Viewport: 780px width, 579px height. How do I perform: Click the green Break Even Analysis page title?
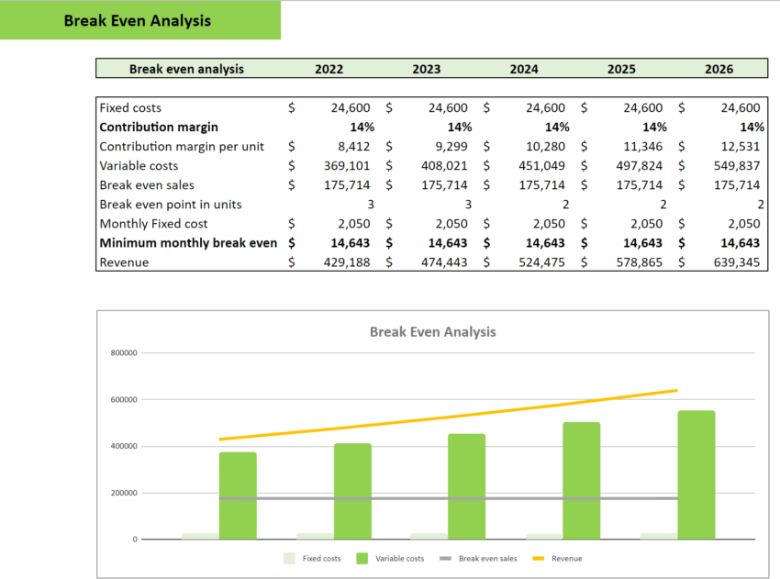137,20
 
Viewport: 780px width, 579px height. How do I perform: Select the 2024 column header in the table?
524,69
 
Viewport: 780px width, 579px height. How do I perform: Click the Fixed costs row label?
130,107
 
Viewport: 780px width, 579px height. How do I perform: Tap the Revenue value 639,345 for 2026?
736,262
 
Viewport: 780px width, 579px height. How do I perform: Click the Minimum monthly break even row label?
188,243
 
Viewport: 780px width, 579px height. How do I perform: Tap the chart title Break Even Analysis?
432,331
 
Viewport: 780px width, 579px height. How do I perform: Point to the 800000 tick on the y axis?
124,353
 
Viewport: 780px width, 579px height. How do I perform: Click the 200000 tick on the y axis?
124,493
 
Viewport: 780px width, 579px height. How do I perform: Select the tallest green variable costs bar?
696,474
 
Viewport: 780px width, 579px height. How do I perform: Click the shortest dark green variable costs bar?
238,495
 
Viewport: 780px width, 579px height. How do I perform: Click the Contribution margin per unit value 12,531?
736,146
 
